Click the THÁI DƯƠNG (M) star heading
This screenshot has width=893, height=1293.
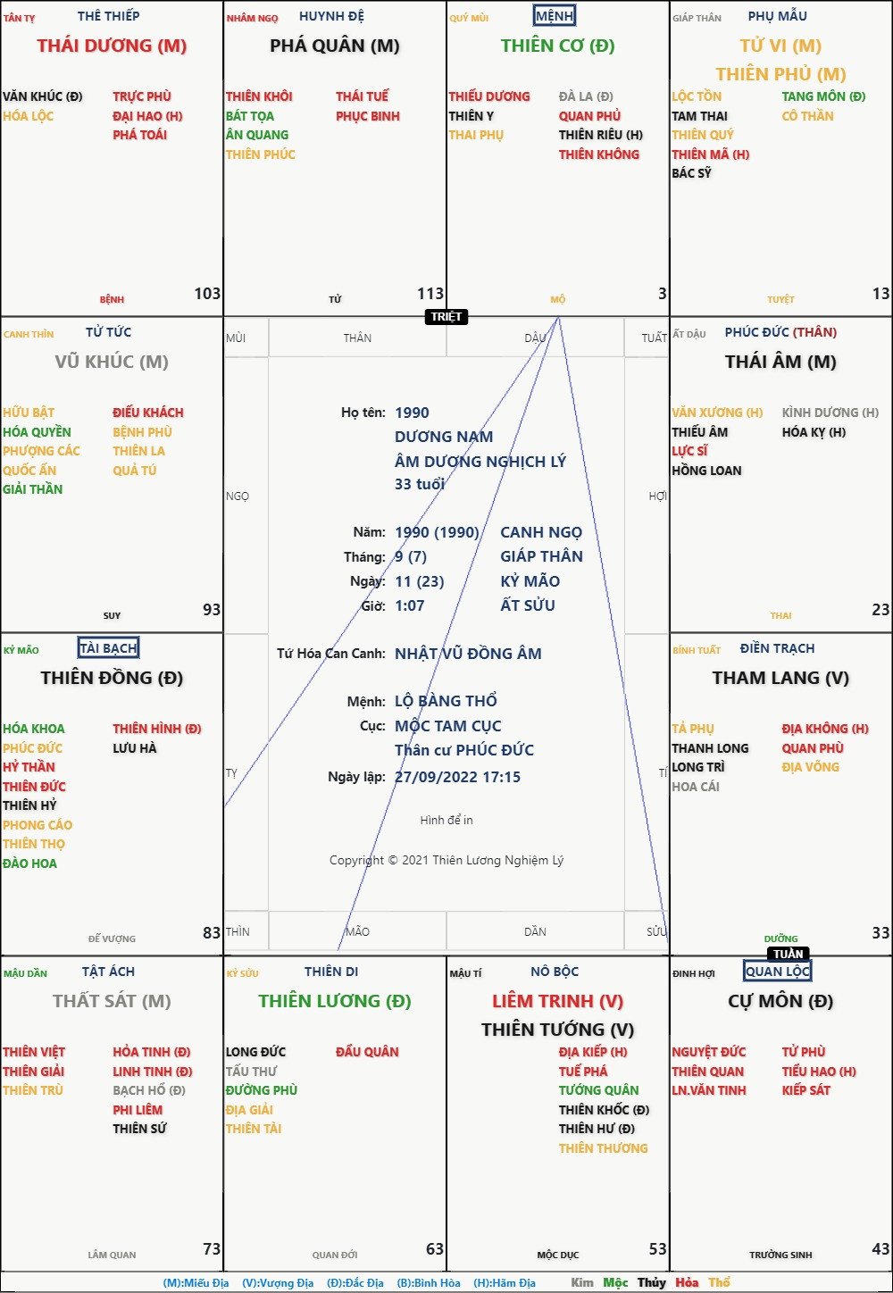112,46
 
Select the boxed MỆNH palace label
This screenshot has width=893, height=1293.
555,16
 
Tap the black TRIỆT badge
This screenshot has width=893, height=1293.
447,317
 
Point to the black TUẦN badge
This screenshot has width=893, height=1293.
789,954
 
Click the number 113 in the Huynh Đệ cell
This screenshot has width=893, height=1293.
430,294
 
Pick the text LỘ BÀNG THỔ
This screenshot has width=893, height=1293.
446,701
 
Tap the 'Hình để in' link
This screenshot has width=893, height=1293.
446,820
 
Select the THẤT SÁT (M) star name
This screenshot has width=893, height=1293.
112,1001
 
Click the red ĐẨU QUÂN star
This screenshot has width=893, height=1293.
367,1052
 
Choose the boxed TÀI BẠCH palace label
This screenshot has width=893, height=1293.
108,648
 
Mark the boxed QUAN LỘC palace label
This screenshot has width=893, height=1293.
778,972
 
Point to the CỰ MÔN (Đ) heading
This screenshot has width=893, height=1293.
780,1001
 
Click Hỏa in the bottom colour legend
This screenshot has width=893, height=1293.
687,1282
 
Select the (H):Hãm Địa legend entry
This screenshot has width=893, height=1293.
505,1282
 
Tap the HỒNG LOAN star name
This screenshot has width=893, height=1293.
706,471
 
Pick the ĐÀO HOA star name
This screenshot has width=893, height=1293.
29,863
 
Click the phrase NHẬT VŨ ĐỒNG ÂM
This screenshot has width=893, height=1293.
468,654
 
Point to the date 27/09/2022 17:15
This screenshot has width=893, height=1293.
457,777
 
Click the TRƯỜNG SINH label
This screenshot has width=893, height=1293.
780,1255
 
